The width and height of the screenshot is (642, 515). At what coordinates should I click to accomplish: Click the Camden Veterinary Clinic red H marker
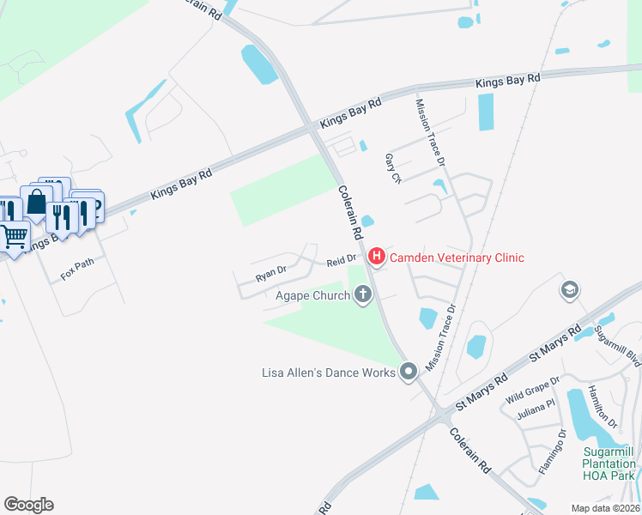click(376, 257)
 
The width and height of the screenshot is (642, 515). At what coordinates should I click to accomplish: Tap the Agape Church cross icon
click(363, 295)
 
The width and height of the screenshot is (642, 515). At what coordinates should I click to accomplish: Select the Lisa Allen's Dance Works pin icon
click(409, 372)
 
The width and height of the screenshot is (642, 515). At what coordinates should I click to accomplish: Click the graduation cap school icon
click(569, 291)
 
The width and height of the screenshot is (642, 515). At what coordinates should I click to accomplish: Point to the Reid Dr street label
click(341, 259)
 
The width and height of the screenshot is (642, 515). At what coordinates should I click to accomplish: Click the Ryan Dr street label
click(270, 274)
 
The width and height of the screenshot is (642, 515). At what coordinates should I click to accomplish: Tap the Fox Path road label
click(79, 270)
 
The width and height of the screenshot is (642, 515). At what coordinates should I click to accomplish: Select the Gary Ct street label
click(392, 167)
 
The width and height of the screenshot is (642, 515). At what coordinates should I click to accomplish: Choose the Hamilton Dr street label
click(603, 407)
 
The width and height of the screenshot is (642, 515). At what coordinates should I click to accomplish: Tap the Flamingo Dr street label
click(551, 452)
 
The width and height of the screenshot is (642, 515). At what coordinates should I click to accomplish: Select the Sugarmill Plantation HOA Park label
click(608, 463)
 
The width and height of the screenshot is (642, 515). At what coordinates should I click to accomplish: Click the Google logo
click(28, 504)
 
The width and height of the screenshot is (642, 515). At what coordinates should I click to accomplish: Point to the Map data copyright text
click(604, 508)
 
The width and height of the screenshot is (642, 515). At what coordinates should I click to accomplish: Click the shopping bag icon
click(36, 203)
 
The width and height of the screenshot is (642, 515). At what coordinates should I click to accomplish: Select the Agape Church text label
click(312, 296)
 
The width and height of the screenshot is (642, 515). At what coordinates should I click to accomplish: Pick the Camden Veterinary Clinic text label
click(457, 257)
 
